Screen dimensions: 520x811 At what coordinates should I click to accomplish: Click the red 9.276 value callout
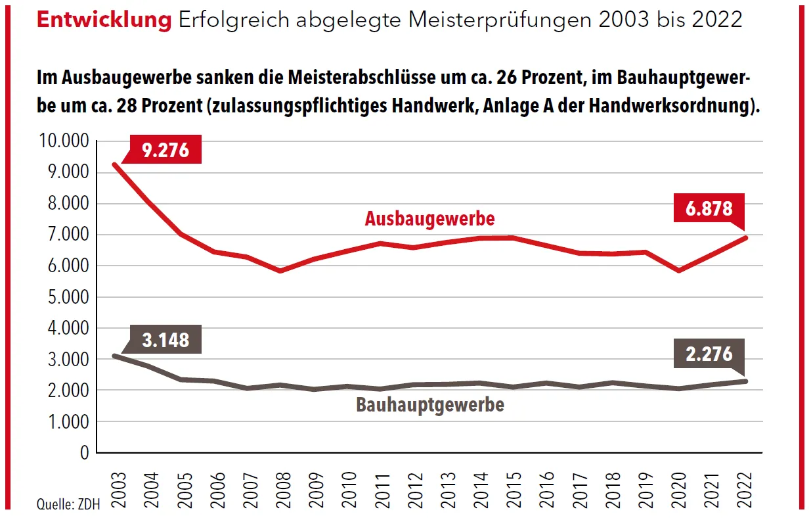tap(165, 150)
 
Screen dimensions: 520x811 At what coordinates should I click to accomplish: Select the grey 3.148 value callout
tap(165, 339)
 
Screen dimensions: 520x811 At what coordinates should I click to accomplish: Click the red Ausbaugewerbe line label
tap(429, 218)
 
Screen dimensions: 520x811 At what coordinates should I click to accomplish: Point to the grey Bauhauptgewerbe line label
tap(430, 404)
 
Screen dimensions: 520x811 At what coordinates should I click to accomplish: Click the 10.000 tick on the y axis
tap(64, 142)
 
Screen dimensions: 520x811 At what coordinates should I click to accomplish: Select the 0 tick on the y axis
tap(83, 453)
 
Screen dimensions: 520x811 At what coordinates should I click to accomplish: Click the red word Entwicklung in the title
tap(104, 20)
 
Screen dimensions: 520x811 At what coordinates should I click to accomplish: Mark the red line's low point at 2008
tap(281, 270)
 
